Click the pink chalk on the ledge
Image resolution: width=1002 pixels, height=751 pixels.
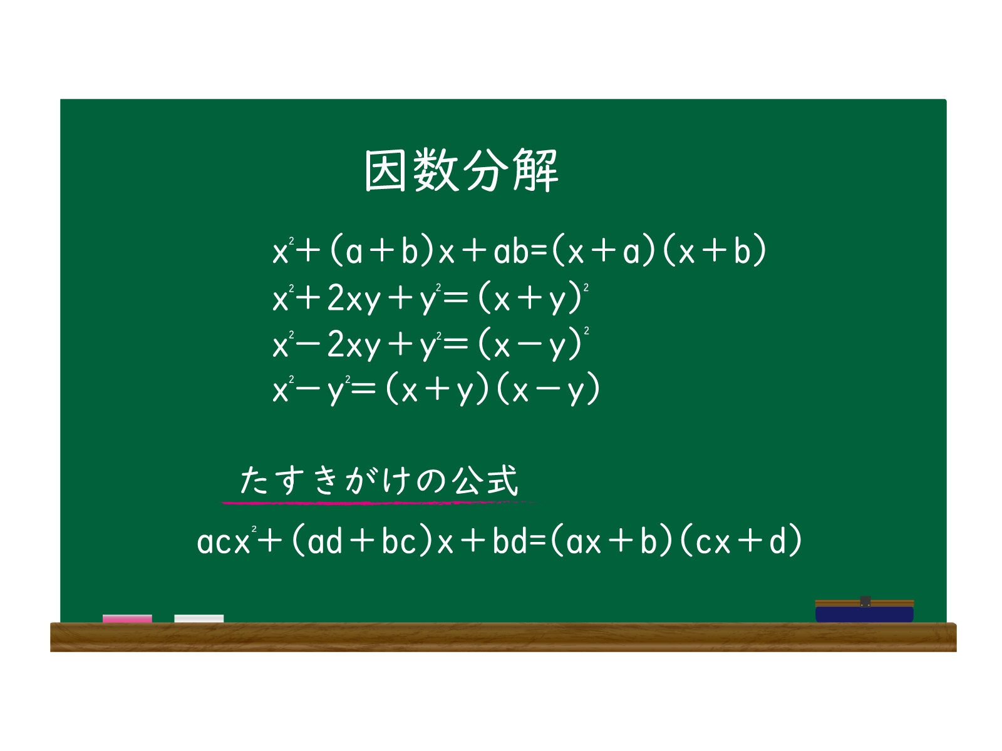tap(127, 619)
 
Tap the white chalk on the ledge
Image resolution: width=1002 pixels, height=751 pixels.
tap(199, 619)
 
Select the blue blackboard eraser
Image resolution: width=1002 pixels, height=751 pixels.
tap(864, 611)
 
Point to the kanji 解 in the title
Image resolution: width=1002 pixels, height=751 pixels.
tap(536, 170)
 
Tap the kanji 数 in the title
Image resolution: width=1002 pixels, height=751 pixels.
tap(435, 170)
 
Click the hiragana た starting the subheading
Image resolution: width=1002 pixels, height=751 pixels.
tap(254, 481)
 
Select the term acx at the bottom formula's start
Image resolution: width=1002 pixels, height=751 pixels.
tap(224, 541)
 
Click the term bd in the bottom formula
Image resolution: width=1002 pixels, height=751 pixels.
tap(510, 541)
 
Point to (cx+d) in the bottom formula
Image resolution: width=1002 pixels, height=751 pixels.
tap(740, 541)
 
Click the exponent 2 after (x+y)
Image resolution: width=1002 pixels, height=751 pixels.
tap(586, 288)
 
